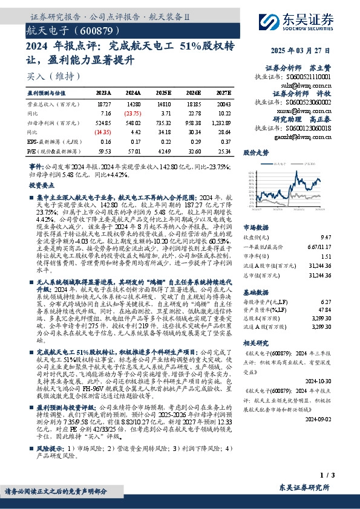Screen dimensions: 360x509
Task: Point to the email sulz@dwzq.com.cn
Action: tap(314, 86)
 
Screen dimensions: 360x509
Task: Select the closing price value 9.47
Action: tap(327, 238)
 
